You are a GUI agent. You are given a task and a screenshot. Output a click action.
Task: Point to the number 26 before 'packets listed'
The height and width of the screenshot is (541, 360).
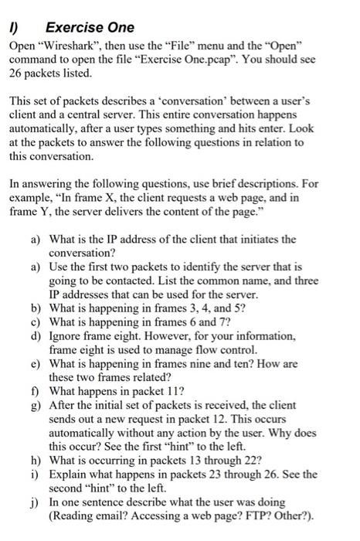16,74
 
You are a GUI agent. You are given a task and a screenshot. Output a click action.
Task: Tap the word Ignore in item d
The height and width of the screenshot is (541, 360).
66,337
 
